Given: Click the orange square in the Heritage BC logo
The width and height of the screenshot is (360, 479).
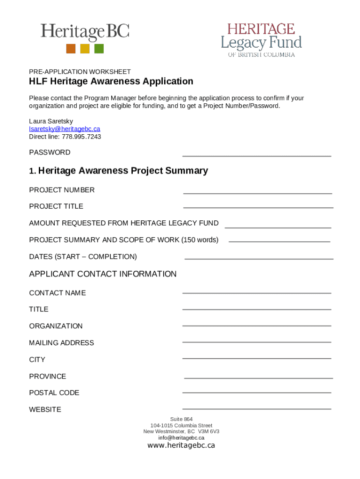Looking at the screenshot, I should pyautogui.click(x=71, y=49).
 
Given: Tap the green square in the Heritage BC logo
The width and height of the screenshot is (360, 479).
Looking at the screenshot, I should pyautogui.click(x=99, y=49).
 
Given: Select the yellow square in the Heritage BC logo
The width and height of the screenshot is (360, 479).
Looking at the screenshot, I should pyautogui.click(x=85, y=49).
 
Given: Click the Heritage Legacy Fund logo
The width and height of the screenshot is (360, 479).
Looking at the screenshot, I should pyautogui.click(x=261, y=40).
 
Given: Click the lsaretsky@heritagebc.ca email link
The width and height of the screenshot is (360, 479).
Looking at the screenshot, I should pyautogui.click(x=65, y=129).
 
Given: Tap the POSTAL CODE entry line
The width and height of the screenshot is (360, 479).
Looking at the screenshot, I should pyautogui.click(x=256, y=392).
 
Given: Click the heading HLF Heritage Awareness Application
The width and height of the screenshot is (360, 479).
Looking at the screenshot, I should pyautogui.click(x=111, y=81).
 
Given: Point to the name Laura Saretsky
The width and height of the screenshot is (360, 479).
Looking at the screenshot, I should pyautogui.click(x=51, y=121).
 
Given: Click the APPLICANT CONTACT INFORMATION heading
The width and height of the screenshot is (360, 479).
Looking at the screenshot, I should pyautogui.click(x=103, y=274).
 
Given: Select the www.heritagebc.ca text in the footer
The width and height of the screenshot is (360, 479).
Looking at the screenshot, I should pyautogui.click(x=181, y=445).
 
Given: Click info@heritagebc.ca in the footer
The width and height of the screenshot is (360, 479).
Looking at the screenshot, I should pyautogui.click(x=181, y=438).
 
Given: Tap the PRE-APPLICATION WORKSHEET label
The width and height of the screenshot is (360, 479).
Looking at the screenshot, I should pyautogui.click(x=80, y=72).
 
